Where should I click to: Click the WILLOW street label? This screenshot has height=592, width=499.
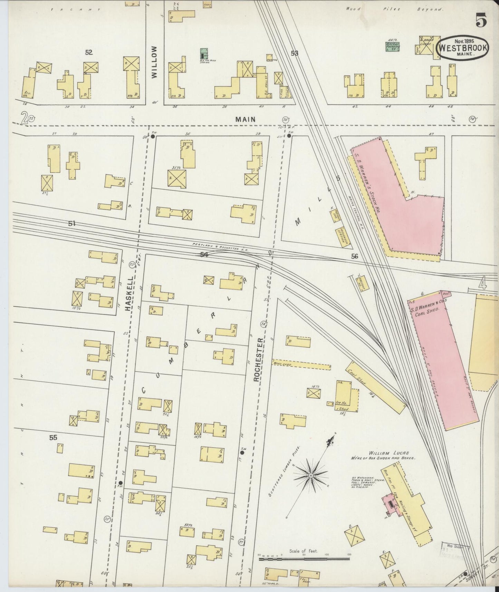click(154, 62)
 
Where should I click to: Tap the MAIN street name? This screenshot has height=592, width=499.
click(246, 119)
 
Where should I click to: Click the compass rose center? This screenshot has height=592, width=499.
click(310, 476)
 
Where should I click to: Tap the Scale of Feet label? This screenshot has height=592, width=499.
click(304, 552)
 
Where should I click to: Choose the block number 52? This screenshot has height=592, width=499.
click(89, 52)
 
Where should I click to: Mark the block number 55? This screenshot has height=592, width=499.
click(53, 438)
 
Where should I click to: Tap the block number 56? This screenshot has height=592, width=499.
click(355, 257)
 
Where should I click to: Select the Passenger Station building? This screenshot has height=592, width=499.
click(343, 237)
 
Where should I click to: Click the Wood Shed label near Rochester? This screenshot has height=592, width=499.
click(282, 364)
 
